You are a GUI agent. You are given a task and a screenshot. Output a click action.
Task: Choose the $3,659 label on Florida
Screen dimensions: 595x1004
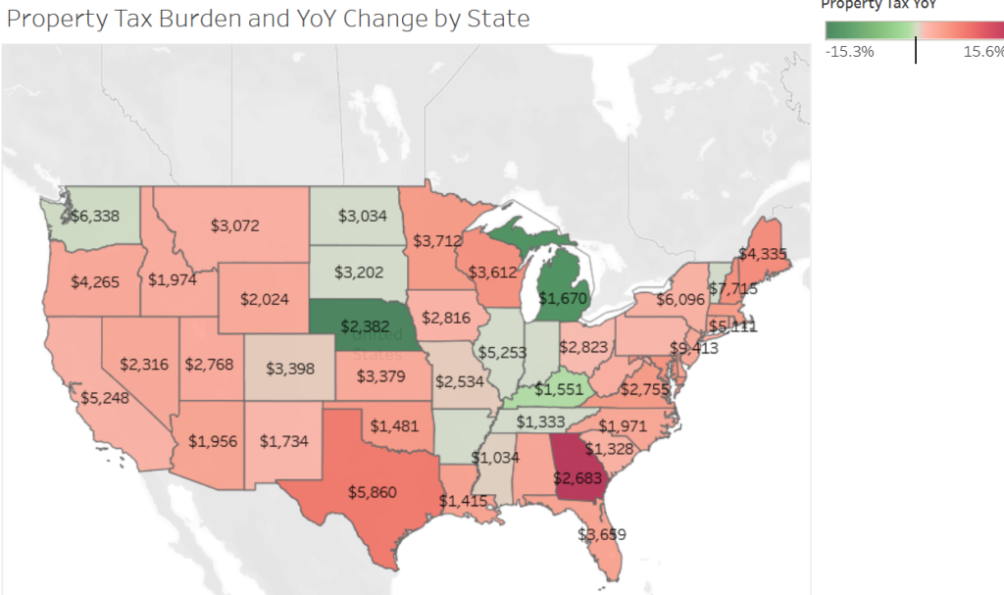(x=600, y=534)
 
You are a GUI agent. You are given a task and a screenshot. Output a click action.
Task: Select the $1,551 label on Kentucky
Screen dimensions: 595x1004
(x=560, y=388)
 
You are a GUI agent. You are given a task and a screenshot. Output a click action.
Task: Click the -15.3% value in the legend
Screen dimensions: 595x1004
(x=850, y=51)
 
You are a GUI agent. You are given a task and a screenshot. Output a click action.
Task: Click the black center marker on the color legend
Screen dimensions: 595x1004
(x=916, y=50)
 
